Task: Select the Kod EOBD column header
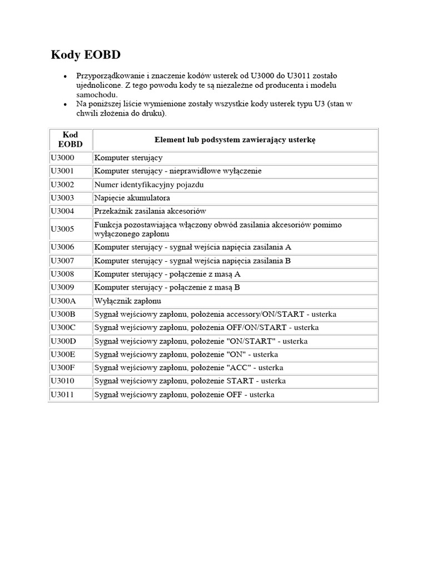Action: click(x=70, y=139)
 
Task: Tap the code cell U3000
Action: click(x=62, y=158)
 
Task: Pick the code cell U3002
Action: click(x=62, y=184)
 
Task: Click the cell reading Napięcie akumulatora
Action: click(x=132, y=198)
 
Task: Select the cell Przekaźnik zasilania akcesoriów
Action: click(x=150, y=211)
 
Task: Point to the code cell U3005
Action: click(x=62, y=229)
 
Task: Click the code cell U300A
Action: click(x=63, y=301)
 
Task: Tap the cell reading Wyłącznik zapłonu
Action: click(x=127, y=301)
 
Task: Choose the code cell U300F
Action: click(x=63, y=368)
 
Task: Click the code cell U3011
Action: click(x=62, y=395)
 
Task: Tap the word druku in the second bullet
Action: click(x=151, y=113)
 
